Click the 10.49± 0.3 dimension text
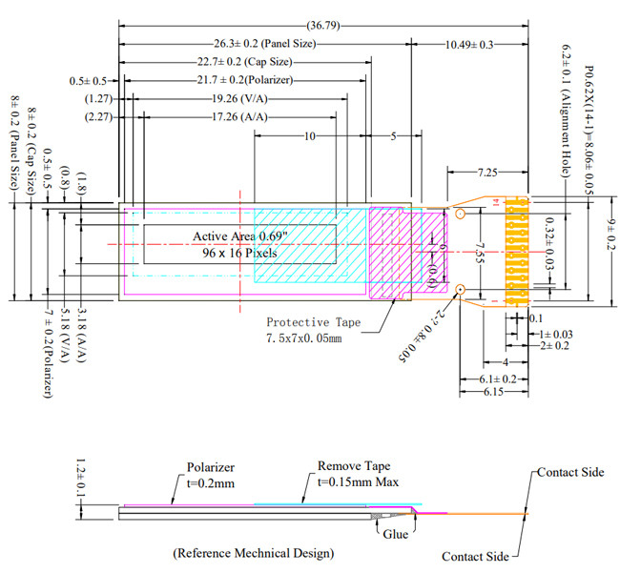click(469, 44)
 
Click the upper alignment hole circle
click(460, 215)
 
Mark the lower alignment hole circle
click(460, 288)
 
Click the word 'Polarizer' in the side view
click(211, 468)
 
